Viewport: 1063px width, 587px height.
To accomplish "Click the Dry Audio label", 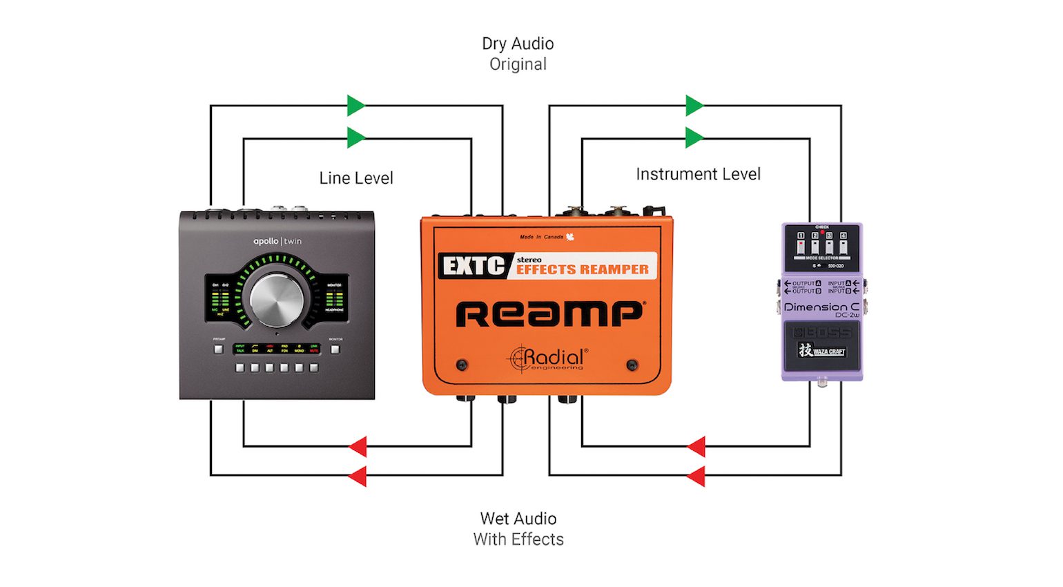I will click(518, 44).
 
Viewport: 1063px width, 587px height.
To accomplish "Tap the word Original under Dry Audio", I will click(518, 64).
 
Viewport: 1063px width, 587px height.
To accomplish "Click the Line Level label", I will click(356, 178).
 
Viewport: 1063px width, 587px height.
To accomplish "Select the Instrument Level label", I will click(698, 174).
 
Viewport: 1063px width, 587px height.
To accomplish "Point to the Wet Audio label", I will click(518, 519).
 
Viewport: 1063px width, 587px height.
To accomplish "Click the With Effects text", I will click(518, 539).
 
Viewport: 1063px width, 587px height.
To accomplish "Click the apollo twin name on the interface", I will click(277, 241).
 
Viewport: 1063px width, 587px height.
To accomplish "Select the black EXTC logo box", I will click(474, 266).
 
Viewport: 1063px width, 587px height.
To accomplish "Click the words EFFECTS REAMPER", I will click(583, 269).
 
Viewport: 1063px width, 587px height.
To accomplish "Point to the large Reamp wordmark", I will click(549, 314).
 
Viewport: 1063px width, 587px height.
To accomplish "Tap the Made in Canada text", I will click(542, 237).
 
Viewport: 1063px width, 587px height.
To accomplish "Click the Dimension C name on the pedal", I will click(821, 307).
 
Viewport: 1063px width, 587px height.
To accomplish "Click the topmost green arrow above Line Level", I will click(355, 106).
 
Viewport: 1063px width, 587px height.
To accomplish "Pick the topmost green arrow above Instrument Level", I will click(694, 106).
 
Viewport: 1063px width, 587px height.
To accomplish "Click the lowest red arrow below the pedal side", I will click(696, 476).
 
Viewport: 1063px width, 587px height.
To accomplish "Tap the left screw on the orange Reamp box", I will click(462, 365).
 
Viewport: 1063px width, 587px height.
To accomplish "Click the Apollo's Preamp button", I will click(219, 349).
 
